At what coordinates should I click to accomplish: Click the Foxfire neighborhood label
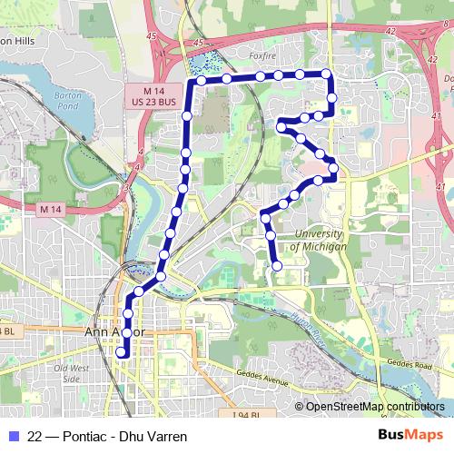pyautogui.click(x=261, y=54)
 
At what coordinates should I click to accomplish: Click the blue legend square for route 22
pyautogui.click(x=13, y=437)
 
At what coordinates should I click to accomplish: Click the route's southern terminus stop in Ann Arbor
pyautogui.click(x=122, y=353)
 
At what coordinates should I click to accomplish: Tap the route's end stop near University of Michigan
pyautogui.click(x=277, y=265)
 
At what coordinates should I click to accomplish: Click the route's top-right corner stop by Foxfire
pyautogui.click(x=326, y=74)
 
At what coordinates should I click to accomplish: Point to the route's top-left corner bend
pyautogui.click(x=191, y=82)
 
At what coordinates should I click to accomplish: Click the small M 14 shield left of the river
pyautogui.click(x=53, y=210)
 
